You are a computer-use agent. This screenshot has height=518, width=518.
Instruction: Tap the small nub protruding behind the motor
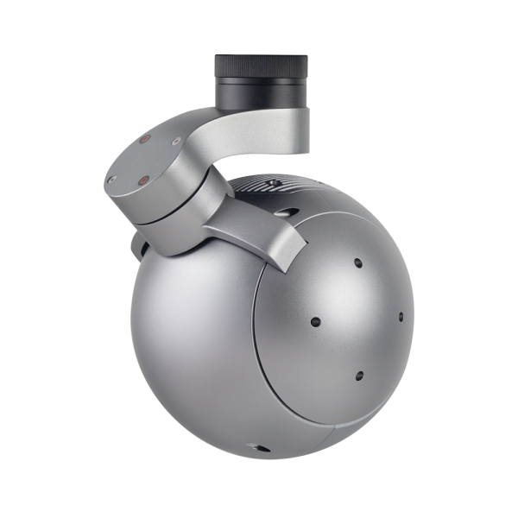pos(136,250)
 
